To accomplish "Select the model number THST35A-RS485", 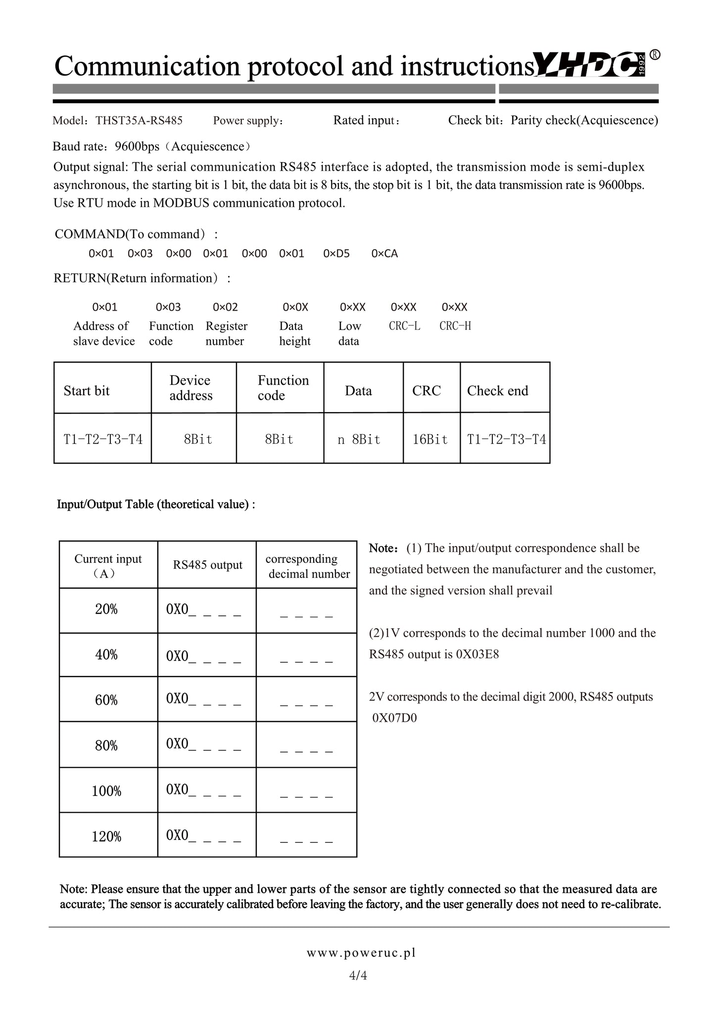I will [x=139, y=121].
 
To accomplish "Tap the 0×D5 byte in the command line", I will [x=336, y=254].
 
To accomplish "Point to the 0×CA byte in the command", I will [x=384, y=254].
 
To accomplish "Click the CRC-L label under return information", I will [x=404, y=326].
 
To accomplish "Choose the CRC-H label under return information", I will [x=455, y=326].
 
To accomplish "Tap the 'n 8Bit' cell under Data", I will [x=359, y=439].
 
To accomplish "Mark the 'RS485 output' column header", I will [x=207, y=565].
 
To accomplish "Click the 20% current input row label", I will [x=106, y=609].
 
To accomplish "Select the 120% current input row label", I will [x=106, y=836].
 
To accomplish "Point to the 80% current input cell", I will [x=106, y=745].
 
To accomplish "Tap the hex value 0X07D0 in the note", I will [x=394, y=718].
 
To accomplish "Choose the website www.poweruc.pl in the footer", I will [x=361, y=953].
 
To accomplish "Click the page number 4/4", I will [x=358, y=975].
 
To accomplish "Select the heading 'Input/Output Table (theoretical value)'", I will [x=156, y=504].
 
